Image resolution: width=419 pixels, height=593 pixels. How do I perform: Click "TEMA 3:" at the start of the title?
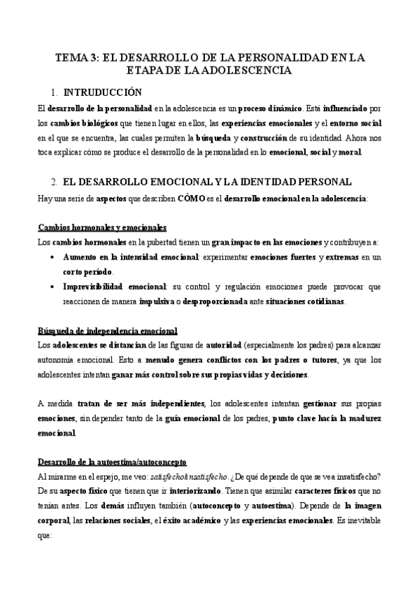click(x=77, y=57)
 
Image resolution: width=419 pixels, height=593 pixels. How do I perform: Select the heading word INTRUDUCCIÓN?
click(x=102, y=92)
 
